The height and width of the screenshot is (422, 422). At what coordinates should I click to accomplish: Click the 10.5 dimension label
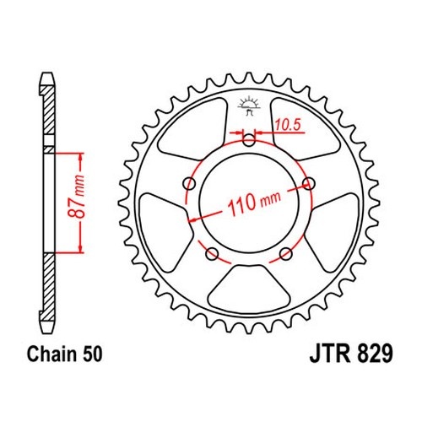coord(288,125)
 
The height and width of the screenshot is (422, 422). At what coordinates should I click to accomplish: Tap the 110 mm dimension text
coord(253,202)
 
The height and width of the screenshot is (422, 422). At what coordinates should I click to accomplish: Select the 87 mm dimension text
coord(76,197)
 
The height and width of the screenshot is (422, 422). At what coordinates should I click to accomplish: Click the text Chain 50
coord(64,354)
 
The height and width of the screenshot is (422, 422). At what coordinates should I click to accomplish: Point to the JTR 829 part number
coord(351,354)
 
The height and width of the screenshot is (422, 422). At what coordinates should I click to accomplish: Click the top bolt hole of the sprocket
coord(249,140)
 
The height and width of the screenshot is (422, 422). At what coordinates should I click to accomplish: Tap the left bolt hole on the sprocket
coord(189,184)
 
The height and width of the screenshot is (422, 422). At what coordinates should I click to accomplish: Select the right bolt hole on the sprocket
coord(309,184)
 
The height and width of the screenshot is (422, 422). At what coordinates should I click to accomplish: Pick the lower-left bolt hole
coord(212,254)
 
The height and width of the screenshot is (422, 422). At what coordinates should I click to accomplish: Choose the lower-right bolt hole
coord(286,254)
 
